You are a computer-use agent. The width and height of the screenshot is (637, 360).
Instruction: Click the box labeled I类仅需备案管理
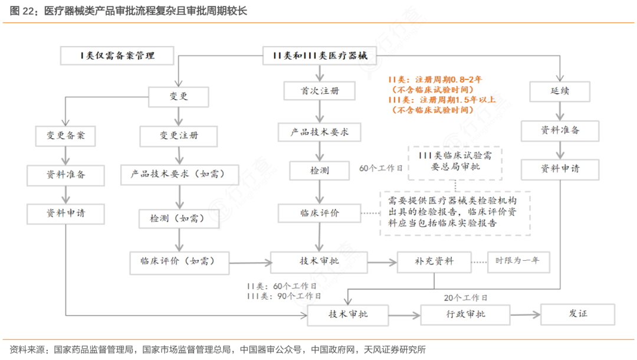tap(117, 56)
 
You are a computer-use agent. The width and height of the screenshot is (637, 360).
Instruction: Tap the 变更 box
tap(179, 96)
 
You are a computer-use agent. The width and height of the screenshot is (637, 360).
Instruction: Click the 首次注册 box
tap(320, 91)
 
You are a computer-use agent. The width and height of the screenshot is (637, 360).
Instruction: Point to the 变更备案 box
tap(66, 135)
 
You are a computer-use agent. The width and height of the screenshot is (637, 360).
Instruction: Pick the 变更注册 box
tap(179, 136)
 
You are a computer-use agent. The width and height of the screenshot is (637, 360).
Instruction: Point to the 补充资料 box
tap(434, 261)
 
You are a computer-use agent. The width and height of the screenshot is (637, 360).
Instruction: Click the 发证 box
tap(578, 313)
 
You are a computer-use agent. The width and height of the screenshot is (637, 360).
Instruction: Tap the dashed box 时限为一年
tap(518, 260)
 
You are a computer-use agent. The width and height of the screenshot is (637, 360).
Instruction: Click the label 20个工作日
tap(466, 297)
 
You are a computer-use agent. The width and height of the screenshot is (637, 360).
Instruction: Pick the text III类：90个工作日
tap(284, 296)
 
